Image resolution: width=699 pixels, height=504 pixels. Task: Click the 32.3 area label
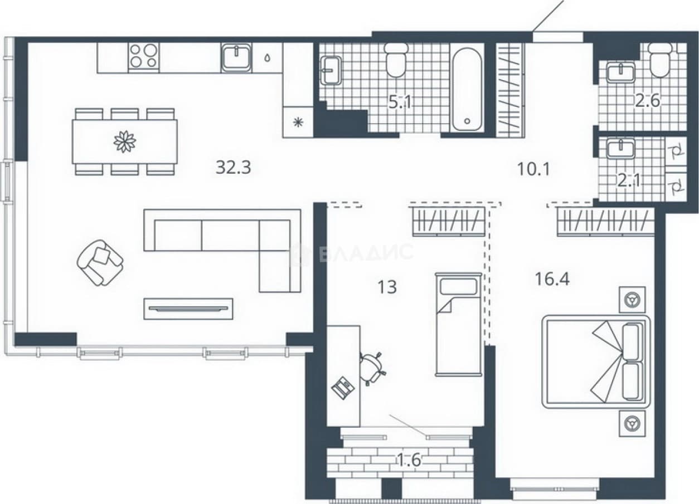[233, 168]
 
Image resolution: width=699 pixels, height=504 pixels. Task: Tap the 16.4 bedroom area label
[552, 278]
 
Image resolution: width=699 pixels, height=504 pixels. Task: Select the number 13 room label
[387, 287]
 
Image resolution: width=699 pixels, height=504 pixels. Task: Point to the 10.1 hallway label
[533, 169]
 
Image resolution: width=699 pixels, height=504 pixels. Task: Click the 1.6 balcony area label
[409, 460]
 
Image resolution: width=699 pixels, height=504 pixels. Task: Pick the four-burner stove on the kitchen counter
[144, 56]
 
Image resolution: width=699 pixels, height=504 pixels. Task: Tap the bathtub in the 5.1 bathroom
[467, 90]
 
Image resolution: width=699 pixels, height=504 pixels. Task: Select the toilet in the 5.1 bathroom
[396, 60]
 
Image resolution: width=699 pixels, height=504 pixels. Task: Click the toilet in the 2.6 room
[659, 60]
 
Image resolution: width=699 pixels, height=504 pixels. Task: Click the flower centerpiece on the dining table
[125, 142]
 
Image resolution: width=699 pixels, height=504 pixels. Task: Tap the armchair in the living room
[100, 262]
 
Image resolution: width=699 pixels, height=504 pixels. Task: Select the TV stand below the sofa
[188, 309]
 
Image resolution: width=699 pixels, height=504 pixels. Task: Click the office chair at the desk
[372, 368]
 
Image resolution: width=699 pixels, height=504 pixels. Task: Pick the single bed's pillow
[458, 286]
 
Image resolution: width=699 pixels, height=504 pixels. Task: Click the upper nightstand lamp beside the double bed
[632, 300]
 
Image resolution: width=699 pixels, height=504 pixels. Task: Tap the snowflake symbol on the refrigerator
[298, 122]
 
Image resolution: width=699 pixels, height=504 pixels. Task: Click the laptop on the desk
[343, 387]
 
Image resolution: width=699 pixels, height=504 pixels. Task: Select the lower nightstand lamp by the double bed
[632, 423]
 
